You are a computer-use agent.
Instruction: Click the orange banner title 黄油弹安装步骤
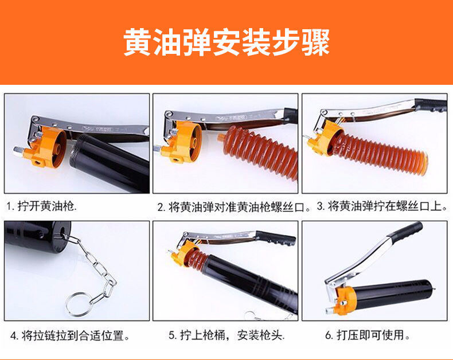[227, 42]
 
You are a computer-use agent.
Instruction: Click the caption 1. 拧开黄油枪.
[42, 206]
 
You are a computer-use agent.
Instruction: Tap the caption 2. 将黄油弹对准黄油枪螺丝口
[234, 207]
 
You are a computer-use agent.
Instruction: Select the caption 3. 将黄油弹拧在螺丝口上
[382, 206]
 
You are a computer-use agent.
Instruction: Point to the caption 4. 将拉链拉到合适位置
[69, 336]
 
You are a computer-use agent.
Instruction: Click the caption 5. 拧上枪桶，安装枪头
[227, 335]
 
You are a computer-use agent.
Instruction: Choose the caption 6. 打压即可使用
[368, 335]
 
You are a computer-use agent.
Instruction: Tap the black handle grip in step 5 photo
[276, 238]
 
